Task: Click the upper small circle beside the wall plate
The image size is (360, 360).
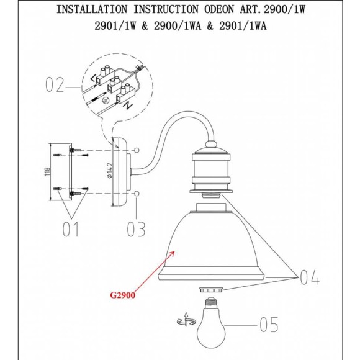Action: [137, 150]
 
